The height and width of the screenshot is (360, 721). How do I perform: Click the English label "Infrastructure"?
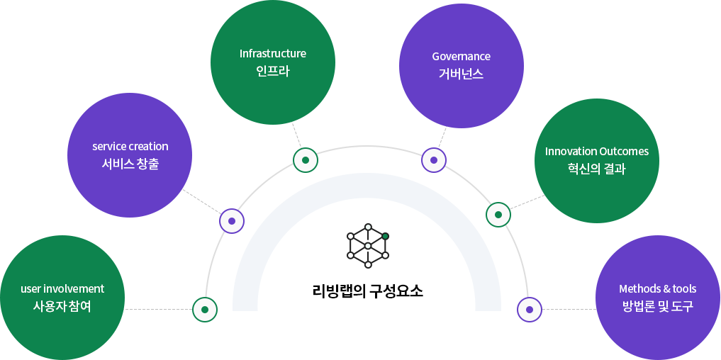pyautogui.click(x=272, y=54)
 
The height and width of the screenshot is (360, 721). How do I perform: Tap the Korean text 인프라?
pyautogui.click(x=272, y=72)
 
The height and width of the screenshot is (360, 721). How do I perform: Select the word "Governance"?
pyautogui.click(x=461, y=57)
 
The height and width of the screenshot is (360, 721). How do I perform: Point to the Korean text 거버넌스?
pyautogui.click(x=461, y=74)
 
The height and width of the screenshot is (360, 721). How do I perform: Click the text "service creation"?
pyautogui.click(x=130, y=147)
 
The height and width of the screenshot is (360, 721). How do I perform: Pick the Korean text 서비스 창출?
pyautogui.click(x=130, y=164)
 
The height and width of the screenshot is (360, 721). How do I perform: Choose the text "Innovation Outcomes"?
pyautogui.click(x=596, y=152)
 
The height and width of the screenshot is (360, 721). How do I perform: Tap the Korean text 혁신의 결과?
pyautogui.click(x=596, y=169)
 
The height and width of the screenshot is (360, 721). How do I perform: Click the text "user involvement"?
pyautogui.click(x=62, y=289)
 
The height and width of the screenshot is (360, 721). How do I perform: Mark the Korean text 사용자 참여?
pyautogui.click(x=62, y=307)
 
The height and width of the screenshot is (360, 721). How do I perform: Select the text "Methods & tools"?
pyautogui.click(x=657, y=289)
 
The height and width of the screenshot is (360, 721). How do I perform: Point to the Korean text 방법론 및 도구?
pyautogui.click(x=657, y=307)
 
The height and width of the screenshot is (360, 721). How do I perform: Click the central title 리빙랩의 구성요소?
pyautogui.click(x=367, y=291)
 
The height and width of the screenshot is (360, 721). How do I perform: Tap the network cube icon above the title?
pyautogui.click(x=367, y=246)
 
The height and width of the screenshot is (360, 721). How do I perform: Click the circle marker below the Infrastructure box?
pyautogui.click(x=306, y=160)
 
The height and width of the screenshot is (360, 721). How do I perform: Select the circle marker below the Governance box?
pyautogui.click(x=433, y=160)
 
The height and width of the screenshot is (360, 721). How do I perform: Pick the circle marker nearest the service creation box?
pyautogui.click(x=231, y=221)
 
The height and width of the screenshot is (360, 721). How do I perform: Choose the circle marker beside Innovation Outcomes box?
pyautogui.click(x=498, y=215)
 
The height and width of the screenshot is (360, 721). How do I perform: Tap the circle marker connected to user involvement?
pyautogui.click(x=205, y=310)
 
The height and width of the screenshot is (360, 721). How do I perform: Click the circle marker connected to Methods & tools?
pyautogui.click(x=529, y=309)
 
